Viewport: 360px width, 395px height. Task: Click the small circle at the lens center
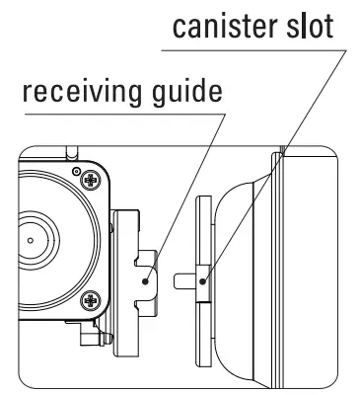point(32,239)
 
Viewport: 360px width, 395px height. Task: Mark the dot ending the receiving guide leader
point(145,280)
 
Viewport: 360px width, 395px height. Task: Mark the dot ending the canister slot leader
point(203,280)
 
